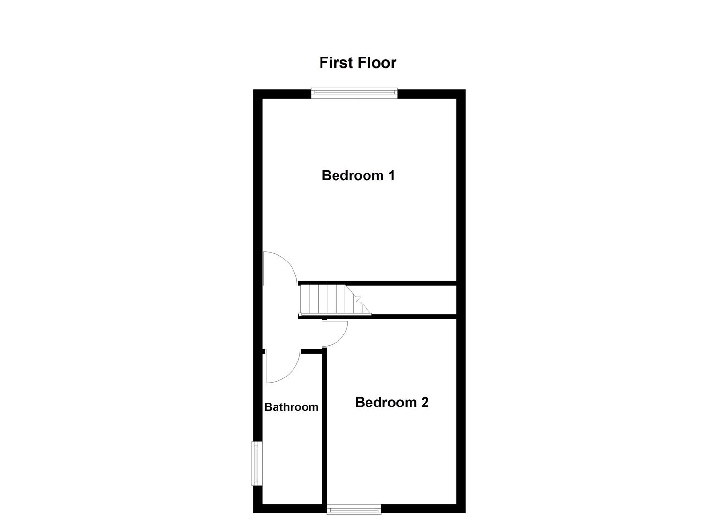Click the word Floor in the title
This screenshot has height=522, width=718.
click(x=377, y=63)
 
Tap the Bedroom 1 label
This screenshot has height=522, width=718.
click(x=358, y=175)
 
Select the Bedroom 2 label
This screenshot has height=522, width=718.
click(x=392, y=402)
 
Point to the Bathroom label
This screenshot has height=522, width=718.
click(x=291, y=407)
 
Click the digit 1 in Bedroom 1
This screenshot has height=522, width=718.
click(x=391, y=175)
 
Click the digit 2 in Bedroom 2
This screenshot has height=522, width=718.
click(x=424, y=402)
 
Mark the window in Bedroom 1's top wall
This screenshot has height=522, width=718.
click(x=354, y=93)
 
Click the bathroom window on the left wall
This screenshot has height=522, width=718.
click(x=256, y=463)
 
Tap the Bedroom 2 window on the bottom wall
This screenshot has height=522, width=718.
click(x=354, y=508)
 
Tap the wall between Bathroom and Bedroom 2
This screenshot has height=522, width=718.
click(x=325, y=425)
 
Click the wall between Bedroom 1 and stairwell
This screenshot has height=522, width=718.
click(x=377, y=283)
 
